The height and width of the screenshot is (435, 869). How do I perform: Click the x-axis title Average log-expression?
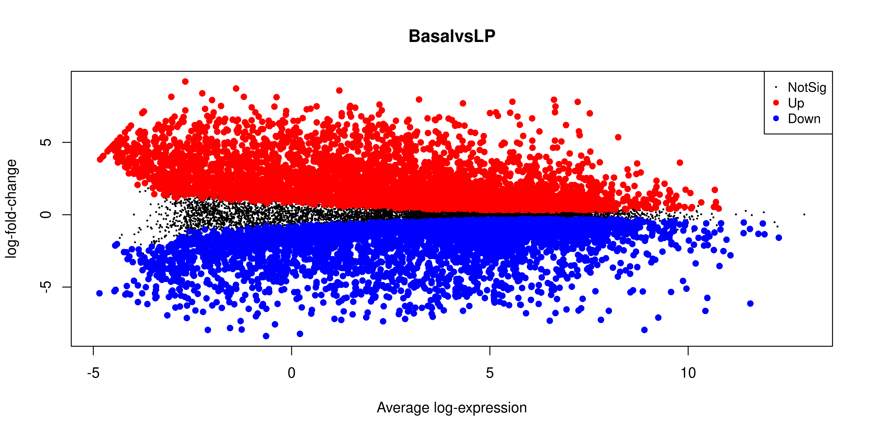point(452,408)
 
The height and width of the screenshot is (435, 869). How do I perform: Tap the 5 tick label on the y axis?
point(46,142)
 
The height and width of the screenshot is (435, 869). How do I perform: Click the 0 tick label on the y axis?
point(46,214)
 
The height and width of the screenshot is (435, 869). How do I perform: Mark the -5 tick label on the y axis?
point(46,287)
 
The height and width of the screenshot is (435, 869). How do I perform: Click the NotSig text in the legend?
point(807,87)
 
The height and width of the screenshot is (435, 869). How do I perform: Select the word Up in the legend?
point(796,103)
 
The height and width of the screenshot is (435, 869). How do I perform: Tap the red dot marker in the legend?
point(776,103)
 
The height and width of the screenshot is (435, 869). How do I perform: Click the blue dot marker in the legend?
point(776,118)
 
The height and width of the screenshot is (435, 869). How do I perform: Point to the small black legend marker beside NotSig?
point(776,87)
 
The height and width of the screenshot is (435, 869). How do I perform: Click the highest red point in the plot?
point(185,81)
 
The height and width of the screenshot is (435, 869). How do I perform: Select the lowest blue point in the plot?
point(266,336)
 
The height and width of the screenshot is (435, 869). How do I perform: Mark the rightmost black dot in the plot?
point(804,214)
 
